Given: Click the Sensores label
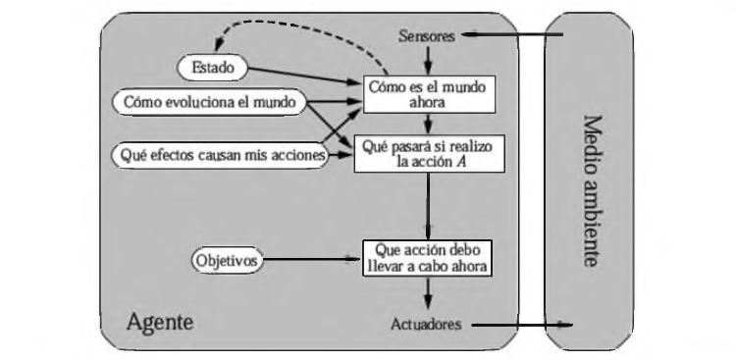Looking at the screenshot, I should [x=428, y=36].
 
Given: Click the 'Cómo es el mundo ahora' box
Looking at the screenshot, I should [x=426, y=93].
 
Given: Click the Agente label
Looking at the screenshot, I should [x=160, y=321].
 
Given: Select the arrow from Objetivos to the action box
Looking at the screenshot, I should [x=314, y=260].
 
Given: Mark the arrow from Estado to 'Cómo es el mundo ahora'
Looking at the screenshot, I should [x=304, y=77].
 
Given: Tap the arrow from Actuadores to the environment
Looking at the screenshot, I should [x=520, y=324].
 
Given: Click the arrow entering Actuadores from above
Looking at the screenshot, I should [x=427, y=292].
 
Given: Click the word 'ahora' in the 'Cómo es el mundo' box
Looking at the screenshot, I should [x=426, y=101].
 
